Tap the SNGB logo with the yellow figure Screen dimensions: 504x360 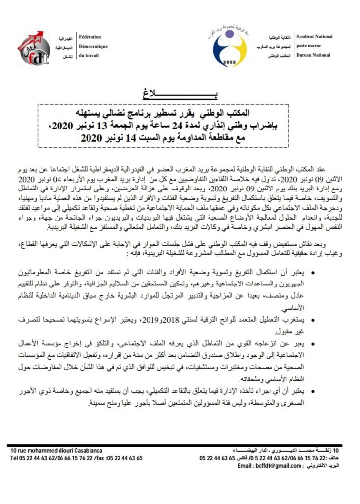[x=230, y=48]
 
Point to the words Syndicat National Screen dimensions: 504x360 [x=314, y=36]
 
